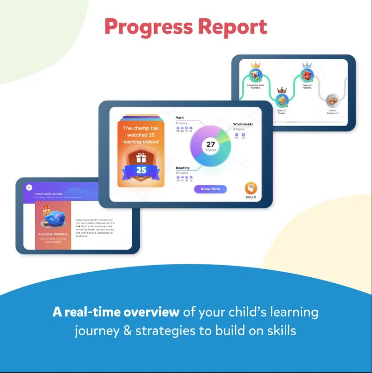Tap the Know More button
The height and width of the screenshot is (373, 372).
(210, 189)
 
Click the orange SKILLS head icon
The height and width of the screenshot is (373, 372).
(251, 189)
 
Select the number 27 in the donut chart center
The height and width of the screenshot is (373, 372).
(211, 145)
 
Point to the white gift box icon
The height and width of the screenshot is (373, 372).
(141, 157)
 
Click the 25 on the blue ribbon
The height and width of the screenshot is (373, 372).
(141, 170)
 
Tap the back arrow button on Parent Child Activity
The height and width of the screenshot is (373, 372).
(29, 188)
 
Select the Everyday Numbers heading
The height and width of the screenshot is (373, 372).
(53, 234)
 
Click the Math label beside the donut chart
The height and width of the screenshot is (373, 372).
(179, 118)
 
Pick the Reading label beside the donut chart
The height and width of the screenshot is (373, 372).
(183, 168)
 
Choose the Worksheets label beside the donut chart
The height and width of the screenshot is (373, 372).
(243, 124)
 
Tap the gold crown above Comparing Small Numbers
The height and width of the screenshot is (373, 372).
(255, 65)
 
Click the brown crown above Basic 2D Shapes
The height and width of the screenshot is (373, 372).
(282, 90)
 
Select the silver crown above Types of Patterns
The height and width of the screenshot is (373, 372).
(307, 65)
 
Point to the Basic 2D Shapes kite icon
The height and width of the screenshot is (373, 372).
(282, 101)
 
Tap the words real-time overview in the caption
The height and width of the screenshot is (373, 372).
(116, 313)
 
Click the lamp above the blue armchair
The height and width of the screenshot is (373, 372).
(46, 208)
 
